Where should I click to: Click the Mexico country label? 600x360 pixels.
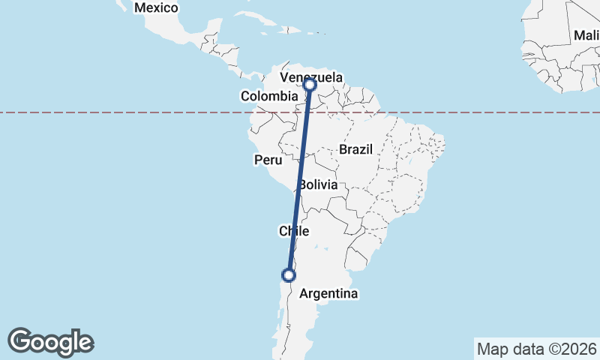(x=156, y=8)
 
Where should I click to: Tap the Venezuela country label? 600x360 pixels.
(x=311, y=77)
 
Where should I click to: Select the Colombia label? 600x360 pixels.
(x=268, y=96)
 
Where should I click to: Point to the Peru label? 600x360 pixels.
(x=268, y=160)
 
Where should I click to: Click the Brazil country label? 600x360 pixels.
(x=355, y=149)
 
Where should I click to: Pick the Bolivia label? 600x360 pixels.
(x=318, y=184)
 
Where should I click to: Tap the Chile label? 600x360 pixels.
(x=294, y=231)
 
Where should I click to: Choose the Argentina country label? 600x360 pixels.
(x=328, y=294)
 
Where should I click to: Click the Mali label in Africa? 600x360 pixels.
(x=586, y=35)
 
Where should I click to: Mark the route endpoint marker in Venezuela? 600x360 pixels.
(x=310, y=85)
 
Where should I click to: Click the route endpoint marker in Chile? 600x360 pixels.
(x=288, y=275)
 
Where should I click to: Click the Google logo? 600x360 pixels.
(x=50, y=342)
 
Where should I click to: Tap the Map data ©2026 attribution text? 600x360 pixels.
(x=535, y=349)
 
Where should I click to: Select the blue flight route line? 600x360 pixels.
(x=299, y=180)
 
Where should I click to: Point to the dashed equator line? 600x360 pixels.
(x=150, y=112)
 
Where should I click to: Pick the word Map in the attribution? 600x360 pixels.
(x=491, y=349)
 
